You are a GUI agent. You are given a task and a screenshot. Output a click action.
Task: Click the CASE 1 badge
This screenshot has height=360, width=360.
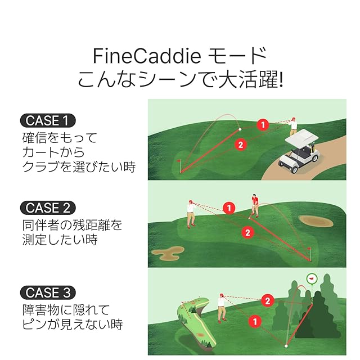(x=48, y=120)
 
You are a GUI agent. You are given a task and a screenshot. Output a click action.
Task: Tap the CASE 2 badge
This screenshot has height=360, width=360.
(x=48, y=208)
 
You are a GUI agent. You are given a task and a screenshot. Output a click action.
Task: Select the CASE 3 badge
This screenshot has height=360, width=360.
(x=48, y=292)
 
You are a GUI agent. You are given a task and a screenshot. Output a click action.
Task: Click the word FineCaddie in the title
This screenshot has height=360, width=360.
(x=147, y=56)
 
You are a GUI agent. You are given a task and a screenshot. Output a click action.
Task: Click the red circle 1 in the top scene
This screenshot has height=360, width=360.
(x=263, y=125)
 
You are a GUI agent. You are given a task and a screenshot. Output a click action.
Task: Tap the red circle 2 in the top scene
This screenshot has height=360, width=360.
(x=240, y=145)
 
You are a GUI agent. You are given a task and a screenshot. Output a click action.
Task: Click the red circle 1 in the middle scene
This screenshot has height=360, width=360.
(x=229, y=208)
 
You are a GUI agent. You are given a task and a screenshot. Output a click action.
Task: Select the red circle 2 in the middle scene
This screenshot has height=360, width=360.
(x=247, y=232)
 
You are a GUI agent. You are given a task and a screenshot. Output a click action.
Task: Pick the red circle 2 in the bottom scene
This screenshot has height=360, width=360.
(x=268, y=301)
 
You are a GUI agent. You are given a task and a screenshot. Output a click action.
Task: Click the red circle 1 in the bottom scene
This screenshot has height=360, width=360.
(x=255, y=321)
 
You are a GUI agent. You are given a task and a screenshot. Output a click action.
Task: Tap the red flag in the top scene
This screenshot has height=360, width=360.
(x=179, y=161)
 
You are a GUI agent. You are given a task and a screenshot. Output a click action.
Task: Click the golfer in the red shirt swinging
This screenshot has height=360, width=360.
(x=254, y=206)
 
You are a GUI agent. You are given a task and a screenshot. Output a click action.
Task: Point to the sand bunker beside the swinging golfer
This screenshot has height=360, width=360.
(x=316, y=221)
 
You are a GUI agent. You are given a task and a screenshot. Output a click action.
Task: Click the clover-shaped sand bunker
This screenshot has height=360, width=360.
(x=168, y=253)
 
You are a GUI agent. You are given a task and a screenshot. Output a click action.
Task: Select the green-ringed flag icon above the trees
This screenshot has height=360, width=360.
(x=312, y=279)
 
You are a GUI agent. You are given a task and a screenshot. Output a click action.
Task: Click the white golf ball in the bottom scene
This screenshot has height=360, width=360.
(x=286, y=346)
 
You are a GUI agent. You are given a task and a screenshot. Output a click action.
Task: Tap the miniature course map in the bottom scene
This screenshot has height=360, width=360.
(x=197, y=323)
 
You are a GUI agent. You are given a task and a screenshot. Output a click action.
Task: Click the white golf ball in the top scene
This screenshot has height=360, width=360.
(x=240, y=129)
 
